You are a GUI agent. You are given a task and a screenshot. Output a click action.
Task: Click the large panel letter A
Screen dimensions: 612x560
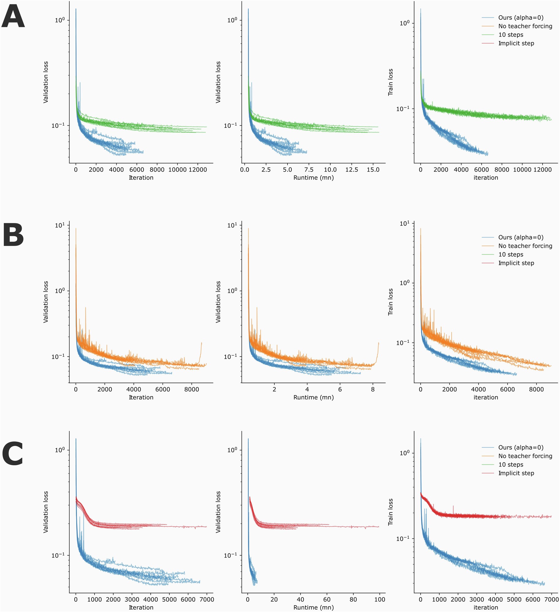pyautogui.click(x=13, y=17)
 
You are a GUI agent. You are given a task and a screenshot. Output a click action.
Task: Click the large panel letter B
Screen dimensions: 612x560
pyautogui.click(x=13, y=235)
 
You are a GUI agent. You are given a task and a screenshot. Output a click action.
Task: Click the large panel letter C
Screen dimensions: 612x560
pyautogui.click(x=13, y=454)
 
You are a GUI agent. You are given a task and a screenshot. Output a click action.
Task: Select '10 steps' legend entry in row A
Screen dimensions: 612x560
pyautogui.click(x=511, y=35)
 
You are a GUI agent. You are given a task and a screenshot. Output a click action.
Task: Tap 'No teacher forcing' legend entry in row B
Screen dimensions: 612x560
pyautogui.click(x=525, y=246)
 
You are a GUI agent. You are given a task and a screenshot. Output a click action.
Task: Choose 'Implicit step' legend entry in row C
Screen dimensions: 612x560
pyautogui.click(x=516, y=473)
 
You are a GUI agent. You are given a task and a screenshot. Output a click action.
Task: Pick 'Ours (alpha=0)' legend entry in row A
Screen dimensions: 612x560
pyautogui.click(x=521, y=17)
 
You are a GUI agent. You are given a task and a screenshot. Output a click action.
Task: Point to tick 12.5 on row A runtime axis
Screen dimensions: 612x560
pyautogui.click(x=351, y=170)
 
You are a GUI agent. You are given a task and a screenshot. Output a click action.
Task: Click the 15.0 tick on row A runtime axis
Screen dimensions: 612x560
pyautogui.click(x=373, y=170)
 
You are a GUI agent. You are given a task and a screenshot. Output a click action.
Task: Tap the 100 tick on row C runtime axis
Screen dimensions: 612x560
pyautogui.click(x=380, y=599)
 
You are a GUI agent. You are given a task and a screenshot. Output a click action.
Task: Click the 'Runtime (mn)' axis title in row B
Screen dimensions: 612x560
pyautogui.click(x=314, y=397)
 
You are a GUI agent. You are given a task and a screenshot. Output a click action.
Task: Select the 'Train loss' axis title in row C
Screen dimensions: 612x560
pyautogui.click(x=390, y=512)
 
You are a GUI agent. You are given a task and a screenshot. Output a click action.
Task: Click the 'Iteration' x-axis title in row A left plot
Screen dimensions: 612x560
pyautogui.click(x=141, y=178)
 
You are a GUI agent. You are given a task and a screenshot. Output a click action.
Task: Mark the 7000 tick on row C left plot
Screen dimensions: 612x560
pyautogui.click(x=207, y=599)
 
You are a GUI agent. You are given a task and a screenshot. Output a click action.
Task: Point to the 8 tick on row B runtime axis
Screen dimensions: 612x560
pyautogui.click(x=373, y=389)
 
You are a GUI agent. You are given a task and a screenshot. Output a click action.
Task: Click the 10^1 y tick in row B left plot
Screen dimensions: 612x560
pyautogui.click(x=60, y=225)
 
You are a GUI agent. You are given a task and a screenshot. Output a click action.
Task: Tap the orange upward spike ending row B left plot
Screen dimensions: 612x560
pyautogui.click(x=201, y=344)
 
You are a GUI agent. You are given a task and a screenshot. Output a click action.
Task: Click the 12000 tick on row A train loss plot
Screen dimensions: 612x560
pyautogui.click(x=542, y=170)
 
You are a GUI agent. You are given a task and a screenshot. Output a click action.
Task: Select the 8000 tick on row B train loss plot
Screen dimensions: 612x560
pyautogui.click(x=536, y=389)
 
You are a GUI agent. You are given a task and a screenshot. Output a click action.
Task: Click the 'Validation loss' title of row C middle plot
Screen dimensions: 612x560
pyautogui.click(x=218, y=512)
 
